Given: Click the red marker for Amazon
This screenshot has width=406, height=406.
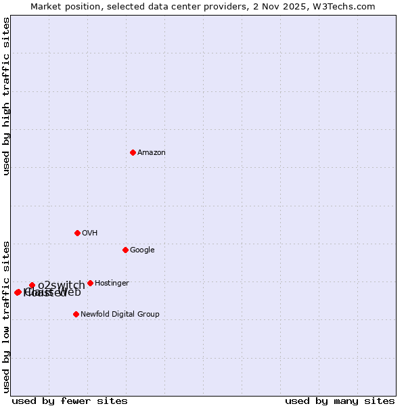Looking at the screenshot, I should click(x=133, y=152).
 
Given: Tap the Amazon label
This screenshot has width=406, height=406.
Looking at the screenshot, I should click(x=151, y=153).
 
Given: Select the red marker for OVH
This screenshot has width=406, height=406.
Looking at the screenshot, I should click(x=77, y=233).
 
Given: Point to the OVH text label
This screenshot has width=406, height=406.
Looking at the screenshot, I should click(x=90, y=233).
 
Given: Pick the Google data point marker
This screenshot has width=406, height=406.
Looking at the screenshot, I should click(x=125, y=250).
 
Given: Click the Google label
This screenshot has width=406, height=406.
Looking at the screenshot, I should click(x=142, y=250).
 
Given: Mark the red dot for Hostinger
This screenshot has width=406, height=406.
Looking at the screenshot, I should click(x=90, y=283).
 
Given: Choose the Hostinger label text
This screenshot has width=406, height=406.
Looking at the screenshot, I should click(x=112, y=284).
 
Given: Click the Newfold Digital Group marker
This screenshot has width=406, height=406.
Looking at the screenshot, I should click(x=76, y=314).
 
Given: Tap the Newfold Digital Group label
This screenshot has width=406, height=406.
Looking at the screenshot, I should click(x=120, y=315).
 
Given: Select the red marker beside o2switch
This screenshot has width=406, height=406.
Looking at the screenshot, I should click(x=32, y=285).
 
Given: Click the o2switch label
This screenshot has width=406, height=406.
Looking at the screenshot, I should click(x=61, y=286).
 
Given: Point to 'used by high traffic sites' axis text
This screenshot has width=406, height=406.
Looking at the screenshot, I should click(x=7, y=96).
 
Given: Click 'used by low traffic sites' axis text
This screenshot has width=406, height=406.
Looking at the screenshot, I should click(x=7, y=316).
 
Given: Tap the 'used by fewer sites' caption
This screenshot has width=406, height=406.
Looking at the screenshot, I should click(x=70, y=401).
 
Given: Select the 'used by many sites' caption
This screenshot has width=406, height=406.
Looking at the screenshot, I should click(x=340, y=401).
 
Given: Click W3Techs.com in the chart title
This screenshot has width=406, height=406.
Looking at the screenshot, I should click(x=353, y=7).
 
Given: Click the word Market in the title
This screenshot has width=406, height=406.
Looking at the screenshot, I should click(x=45, y=7).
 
